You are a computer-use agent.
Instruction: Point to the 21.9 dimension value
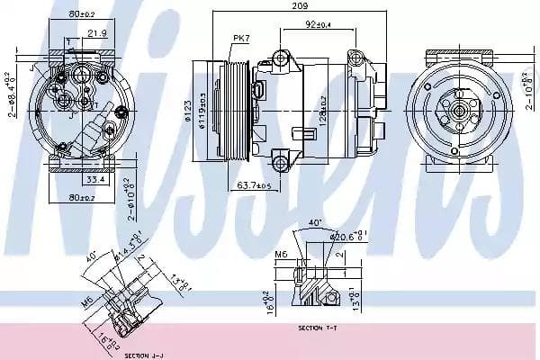pyautogui.click(x=97, y=33)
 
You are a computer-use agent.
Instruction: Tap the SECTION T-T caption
pyautogui.click(x=319, y=328)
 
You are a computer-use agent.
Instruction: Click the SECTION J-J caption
pyautogui.click(x=142, y=355)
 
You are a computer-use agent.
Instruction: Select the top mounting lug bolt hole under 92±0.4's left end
pyautogui.click(x=279, y=58)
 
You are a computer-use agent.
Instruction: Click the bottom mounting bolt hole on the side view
pyautogui.click(x=279, y=163)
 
